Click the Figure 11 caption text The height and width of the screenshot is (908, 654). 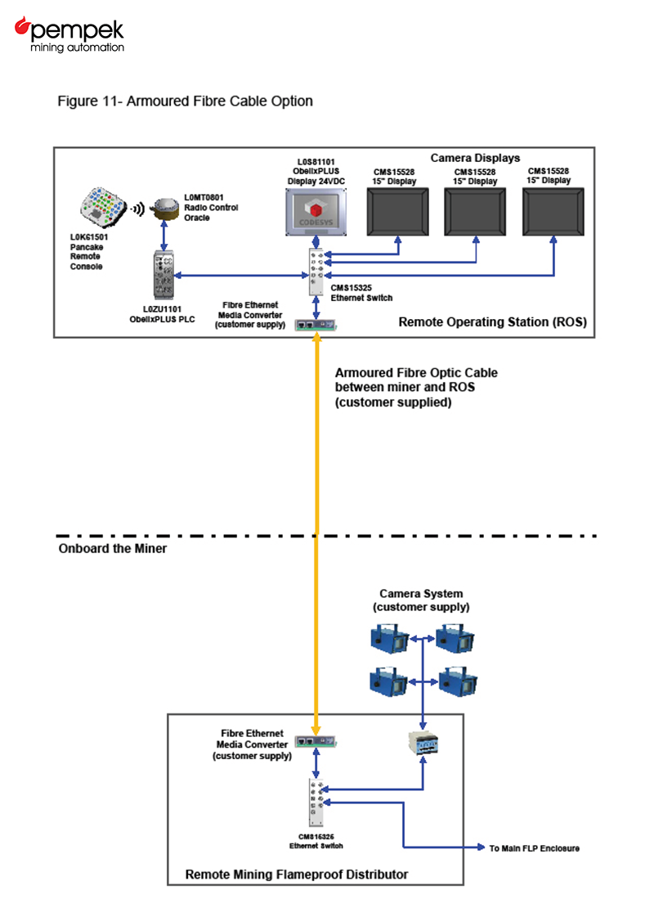186,101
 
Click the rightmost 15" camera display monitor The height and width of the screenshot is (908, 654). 554,212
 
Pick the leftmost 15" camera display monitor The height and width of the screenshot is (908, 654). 398,212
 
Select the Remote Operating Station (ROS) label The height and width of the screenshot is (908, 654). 492,322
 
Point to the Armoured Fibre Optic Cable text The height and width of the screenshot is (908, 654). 416,388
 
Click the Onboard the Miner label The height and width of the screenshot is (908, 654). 113,549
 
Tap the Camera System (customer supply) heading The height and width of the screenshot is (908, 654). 421,600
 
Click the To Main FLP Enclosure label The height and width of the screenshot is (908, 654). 535,848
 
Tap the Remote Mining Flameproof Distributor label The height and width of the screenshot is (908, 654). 297,874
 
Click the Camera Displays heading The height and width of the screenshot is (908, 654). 475,157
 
